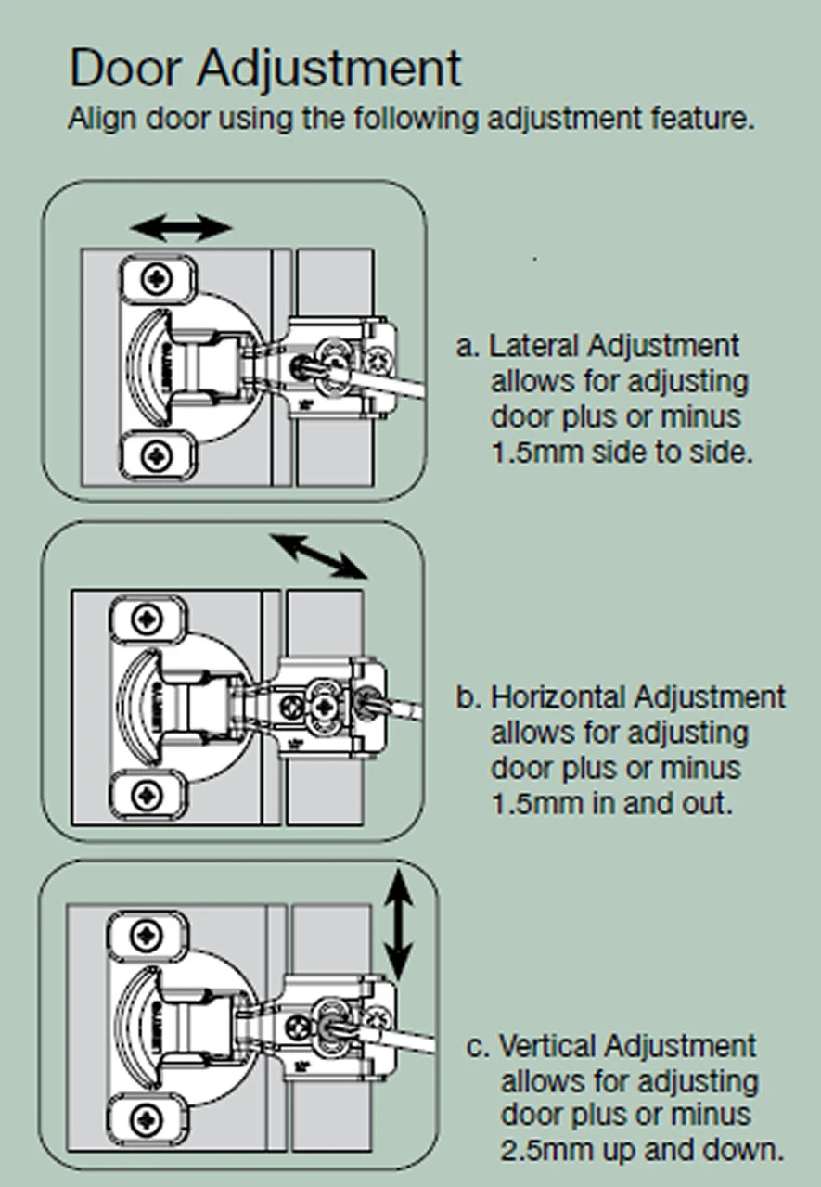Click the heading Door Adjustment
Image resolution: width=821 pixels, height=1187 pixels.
[x=264, y=69]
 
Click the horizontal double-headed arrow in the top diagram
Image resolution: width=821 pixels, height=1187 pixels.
[x=181, y=226]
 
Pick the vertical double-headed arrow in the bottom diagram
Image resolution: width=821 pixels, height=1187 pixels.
[x=398, y=924]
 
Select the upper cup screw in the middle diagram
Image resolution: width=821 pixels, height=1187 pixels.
[x=148, y=619]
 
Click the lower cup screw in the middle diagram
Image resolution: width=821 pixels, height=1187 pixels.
[x=148, y=793]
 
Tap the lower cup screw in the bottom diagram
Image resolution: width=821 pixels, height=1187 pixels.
[x=147, y=1118]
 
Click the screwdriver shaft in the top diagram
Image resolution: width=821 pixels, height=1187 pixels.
[x=390, y=381]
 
